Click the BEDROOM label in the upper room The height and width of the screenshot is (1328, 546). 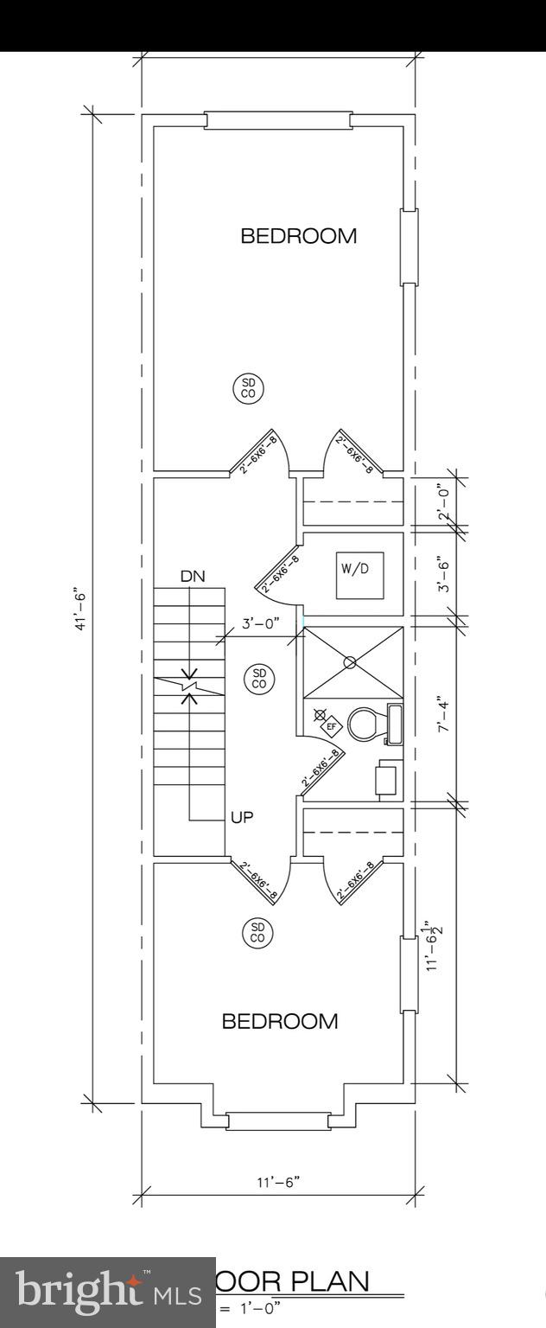(x=298, y=236)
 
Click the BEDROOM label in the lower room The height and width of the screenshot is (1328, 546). (x=280, y=1022)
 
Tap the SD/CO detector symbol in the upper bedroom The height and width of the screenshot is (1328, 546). (x=248, y=387)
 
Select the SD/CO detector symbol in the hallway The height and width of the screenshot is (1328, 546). (x=259, y=678)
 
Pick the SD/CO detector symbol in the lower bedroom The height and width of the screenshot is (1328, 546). (x=257, y=932)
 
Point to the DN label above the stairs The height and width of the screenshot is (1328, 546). (x=193, y=576)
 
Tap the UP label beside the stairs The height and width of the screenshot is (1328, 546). (x=242, y=816)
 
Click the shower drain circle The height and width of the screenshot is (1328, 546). (x=350, y=662)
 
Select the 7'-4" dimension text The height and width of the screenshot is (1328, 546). (x=443, y=714)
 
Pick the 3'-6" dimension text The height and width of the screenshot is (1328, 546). (x=443, y=573)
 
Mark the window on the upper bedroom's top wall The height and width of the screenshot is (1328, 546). (x=278, y=119)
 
